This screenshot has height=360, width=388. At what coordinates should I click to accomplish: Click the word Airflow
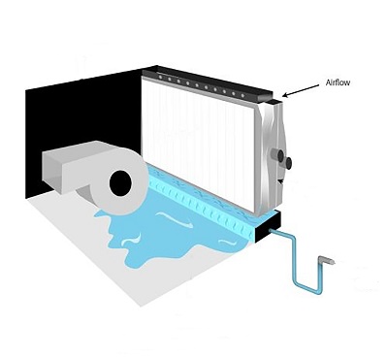pos(338,82)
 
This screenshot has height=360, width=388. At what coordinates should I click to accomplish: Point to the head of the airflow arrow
pos(283,95)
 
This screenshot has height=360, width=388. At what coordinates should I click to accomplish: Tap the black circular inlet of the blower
pos(121,183)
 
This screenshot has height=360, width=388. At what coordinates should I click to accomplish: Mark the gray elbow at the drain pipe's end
pos(326,259)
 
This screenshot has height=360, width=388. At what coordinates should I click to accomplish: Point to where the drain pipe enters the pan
pos(271,231)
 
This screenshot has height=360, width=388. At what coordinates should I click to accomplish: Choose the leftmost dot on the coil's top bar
pos(161,77)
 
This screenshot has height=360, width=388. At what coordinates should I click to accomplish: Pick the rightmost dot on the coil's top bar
pos(242,94)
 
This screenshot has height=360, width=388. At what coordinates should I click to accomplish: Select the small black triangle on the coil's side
pos(279,182)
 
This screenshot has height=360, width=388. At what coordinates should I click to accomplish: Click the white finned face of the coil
pos(198,143)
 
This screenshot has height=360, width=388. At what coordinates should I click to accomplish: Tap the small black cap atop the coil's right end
pos(275,101)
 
